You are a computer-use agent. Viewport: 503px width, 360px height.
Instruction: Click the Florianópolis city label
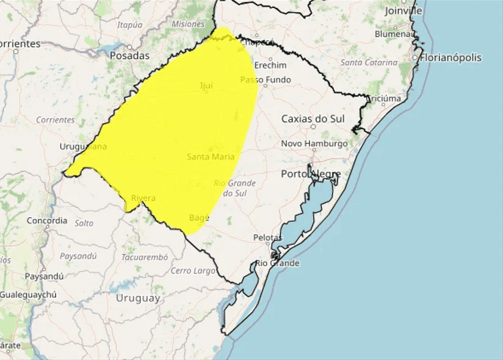[451, 58]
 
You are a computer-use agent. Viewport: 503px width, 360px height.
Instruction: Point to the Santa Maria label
[211, 157]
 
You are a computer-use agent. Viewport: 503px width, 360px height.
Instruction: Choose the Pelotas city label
[267, 237]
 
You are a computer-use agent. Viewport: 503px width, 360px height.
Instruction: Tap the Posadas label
[129, 56]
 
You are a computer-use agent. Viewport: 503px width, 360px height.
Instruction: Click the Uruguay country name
[138, 298]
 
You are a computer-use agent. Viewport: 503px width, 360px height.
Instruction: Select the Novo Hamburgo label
[314, 144]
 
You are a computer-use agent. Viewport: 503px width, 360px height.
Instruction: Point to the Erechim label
[270, 65]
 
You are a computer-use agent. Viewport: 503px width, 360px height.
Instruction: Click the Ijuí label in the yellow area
[206, 86]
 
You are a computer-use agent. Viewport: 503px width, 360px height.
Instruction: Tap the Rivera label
[143, 198]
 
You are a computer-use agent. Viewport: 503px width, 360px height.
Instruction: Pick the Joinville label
[403, 10]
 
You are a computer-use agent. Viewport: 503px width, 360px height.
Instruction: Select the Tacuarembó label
[145, 257]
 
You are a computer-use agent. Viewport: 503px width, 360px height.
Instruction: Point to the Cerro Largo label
[193, 270]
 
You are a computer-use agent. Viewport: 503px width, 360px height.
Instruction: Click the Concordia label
[47, 221]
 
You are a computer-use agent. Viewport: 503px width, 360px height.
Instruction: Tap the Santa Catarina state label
[369, 62]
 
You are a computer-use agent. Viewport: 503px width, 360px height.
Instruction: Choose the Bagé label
[199, 218]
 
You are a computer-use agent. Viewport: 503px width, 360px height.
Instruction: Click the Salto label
[84, 223]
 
